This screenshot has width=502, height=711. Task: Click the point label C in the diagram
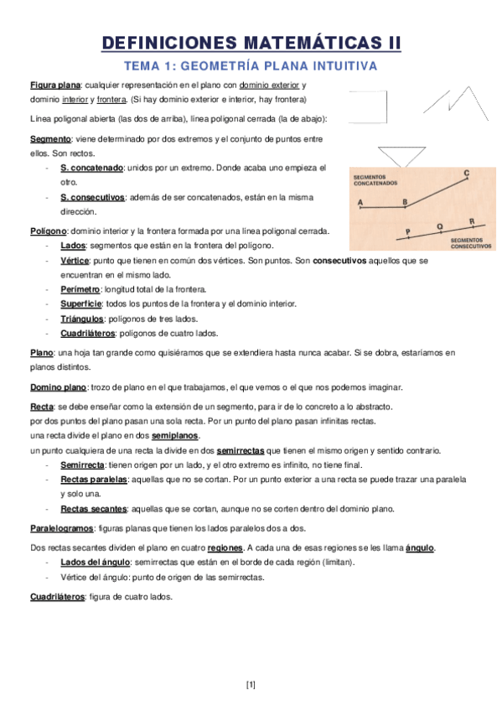coord(467,173)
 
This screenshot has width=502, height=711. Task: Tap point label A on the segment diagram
coord(360,203)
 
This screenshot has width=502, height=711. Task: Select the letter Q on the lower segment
coord(439,226)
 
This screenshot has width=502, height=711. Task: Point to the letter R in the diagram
coord(472,221)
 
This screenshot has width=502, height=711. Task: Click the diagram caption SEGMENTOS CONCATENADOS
coord(375,180)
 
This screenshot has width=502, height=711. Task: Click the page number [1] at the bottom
coord(251,685)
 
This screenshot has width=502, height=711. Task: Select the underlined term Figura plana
coord(55,86)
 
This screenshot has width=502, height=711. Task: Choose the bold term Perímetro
coord(80,288)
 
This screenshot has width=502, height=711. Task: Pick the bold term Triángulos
coord(82,318)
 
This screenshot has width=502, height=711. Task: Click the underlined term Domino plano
coord(58,387)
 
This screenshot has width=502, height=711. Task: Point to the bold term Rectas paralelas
coord(94,479)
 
